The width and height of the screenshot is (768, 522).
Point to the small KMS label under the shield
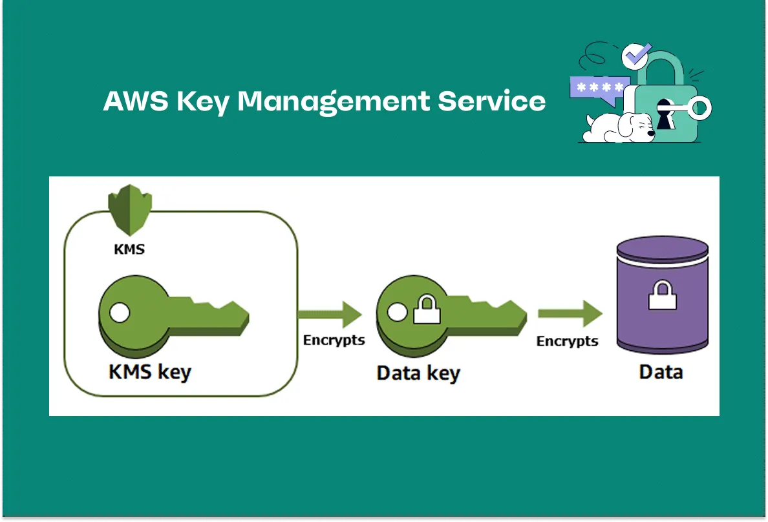click(129, 249)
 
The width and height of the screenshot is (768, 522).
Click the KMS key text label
click(150, 373)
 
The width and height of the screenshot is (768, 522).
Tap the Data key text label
click(418, 373)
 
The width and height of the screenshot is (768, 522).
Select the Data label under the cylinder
click(661, 372)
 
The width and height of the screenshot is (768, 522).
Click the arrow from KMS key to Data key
click(330, 314)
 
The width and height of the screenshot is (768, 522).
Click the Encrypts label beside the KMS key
click(334, 340)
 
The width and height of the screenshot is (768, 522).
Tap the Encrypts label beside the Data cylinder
click(568, 340)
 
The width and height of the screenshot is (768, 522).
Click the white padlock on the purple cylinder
click(663, 297)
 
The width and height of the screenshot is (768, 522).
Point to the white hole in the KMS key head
click(120, 313)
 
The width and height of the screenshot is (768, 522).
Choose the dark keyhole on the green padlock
click(664, 113)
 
